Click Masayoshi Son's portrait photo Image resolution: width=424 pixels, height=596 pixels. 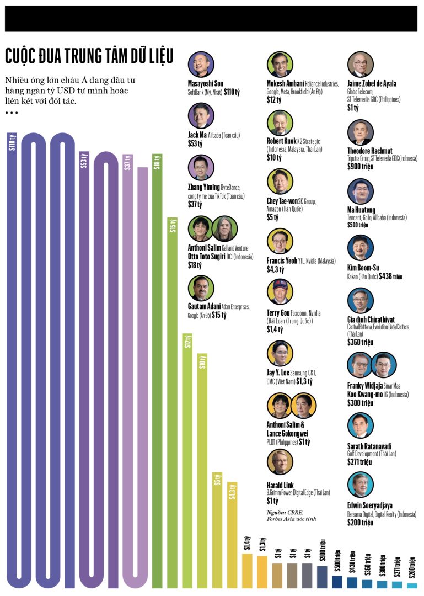click(201, 65)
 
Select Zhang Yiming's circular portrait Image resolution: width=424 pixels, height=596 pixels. click(201, 168)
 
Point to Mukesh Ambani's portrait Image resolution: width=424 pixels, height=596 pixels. click(280, 65)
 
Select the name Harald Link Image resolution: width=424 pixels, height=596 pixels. click(280, 485)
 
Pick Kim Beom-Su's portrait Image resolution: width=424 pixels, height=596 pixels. click(361, 247)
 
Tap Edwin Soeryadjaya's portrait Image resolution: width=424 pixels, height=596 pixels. click(361, 485)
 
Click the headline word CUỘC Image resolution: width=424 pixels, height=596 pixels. click(22, 56)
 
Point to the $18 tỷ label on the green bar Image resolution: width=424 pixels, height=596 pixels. click(157, 162)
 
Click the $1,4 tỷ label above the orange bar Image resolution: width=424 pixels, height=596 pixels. click(247, 544)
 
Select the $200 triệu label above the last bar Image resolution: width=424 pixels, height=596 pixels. click(412, 568)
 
